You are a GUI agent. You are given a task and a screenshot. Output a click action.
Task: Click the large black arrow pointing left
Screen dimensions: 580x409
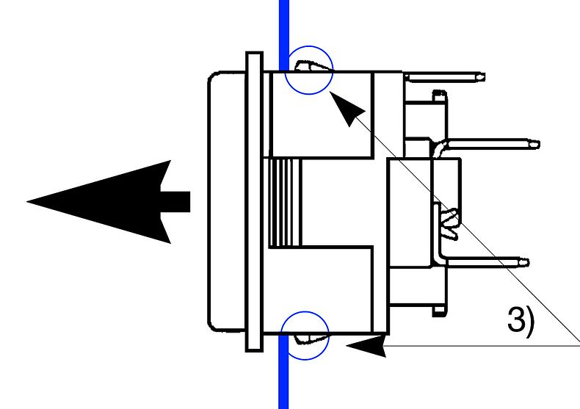[x=107, y=202]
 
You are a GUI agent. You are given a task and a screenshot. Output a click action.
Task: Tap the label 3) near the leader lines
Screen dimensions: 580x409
[x=521, y=320]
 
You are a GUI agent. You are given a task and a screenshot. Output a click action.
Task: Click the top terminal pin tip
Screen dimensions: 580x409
[x=482, y=77]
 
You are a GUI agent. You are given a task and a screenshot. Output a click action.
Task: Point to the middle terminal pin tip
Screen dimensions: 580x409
[x=536, y=144]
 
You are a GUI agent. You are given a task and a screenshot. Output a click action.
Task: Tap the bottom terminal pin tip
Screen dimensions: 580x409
[x=525, y=263]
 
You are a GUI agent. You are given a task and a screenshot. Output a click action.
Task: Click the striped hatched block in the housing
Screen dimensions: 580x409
[x=285, y=202]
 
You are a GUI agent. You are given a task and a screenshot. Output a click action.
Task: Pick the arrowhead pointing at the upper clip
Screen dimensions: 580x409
[x=347, y=108]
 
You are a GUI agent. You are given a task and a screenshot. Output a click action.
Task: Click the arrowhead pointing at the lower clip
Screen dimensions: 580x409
[x=366, y=346]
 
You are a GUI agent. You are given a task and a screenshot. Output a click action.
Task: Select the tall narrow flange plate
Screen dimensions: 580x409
[x=255, y=201]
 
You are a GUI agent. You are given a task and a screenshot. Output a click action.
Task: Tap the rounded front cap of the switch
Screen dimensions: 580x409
[x=227, y=201]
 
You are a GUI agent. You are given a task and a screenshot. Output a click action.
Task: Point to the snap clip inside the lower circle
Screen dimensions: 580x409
[x=310, y=339]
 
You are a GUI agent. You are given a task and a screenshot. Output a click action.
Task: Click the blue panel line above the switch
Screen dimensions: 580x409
[x=283, y=35]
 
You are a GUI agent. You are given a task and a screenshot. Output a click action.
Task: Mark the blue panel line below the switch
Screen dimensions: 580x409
[x=283, y=372]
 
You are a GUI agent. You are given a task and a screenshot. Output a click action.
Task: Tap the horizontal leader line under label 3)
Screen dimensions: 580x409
[x=481, y=346]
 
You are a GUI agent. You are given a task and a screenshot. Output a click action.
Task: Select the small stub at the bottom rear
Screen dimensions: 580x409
[x=439, y=311]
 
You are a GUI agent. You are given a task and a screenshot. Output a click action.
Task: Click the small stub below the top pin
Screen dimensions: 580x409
[x=439, y=95]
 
